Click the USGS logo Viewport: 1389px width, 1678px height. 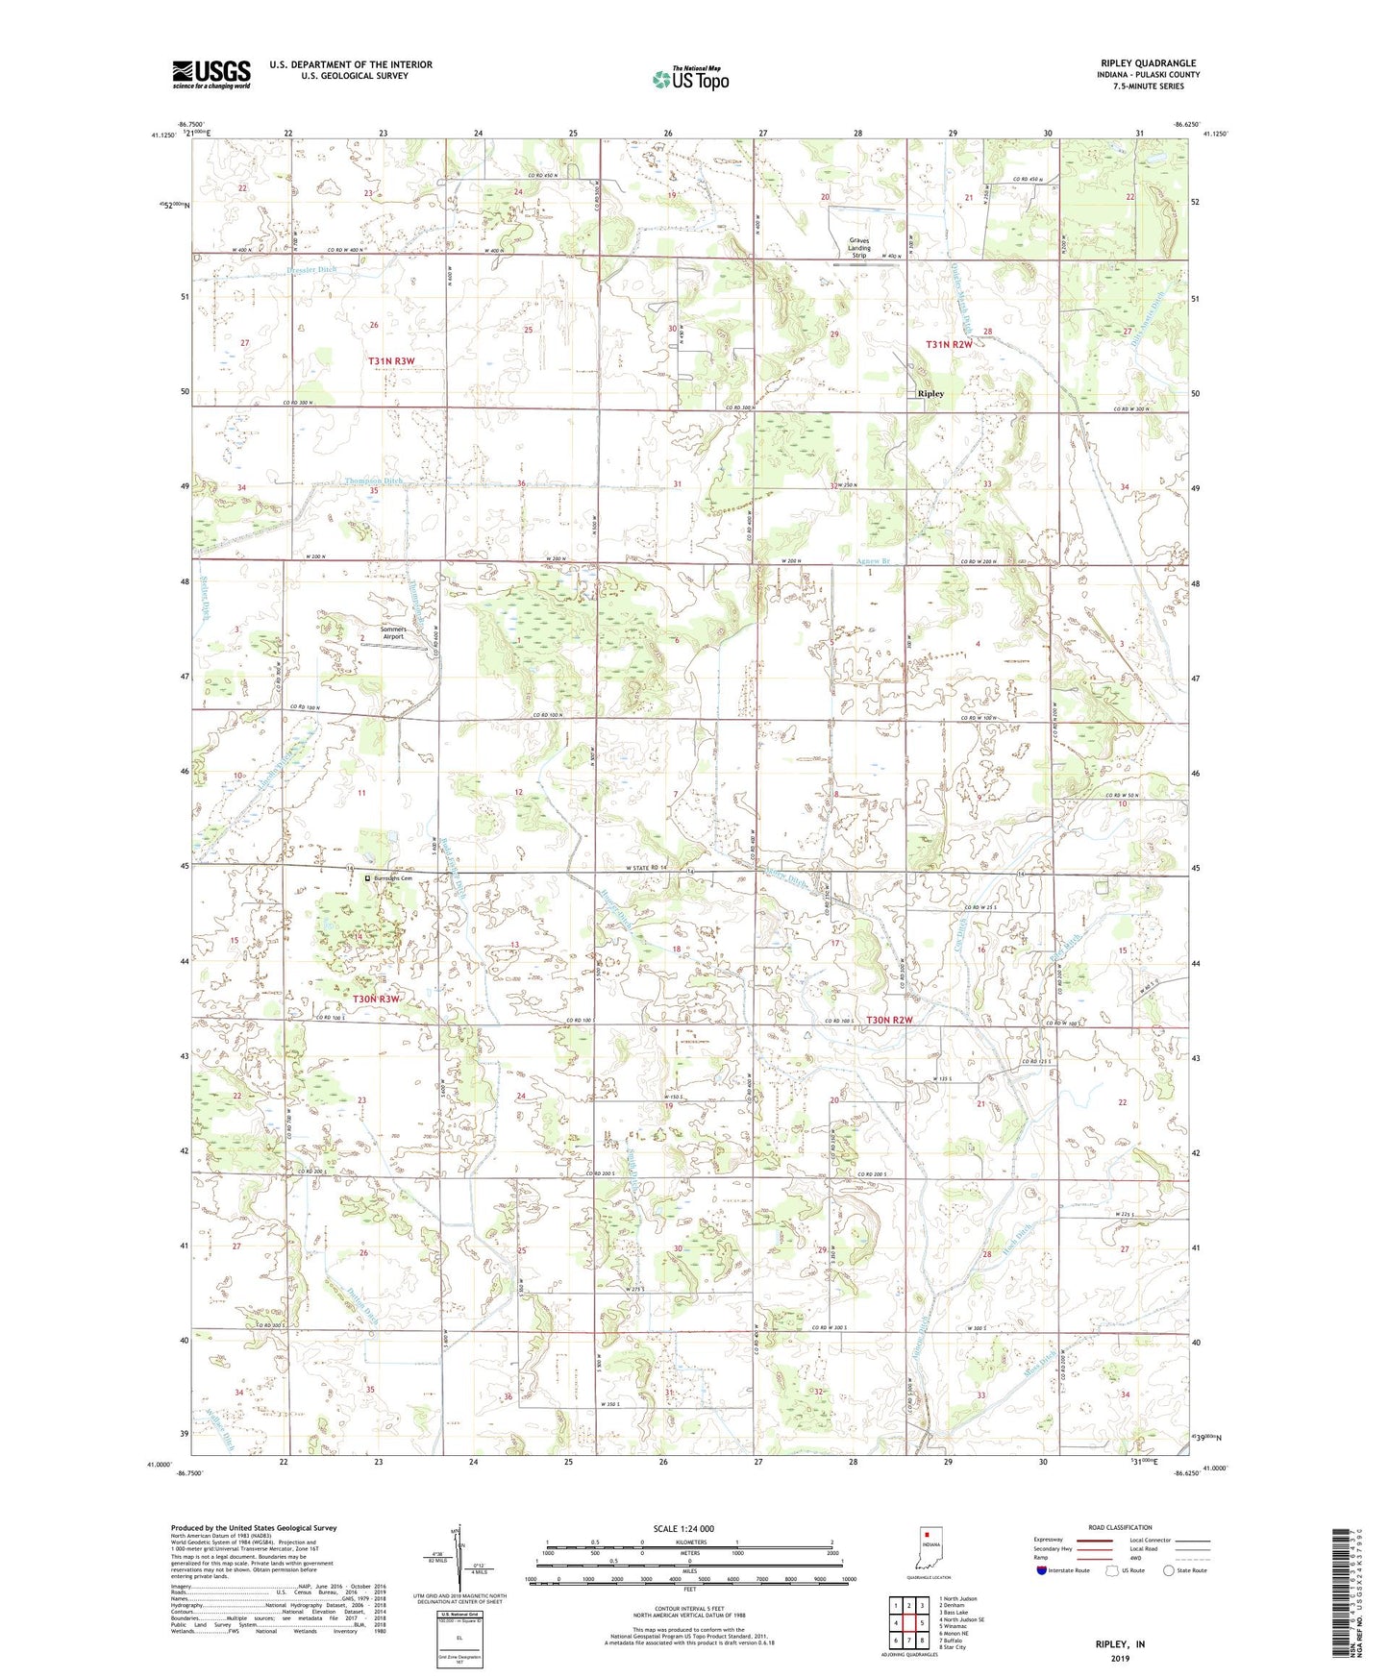click(211, 74)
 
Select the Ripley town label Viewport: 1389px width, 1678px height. click(930, 394)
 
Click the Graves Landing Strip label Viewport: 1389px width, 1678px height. click(858, 248)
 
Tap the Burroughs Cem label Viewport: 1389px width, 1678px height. click(392, 878)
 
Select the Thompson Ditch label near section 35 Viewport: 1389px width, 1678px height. click(374, 481)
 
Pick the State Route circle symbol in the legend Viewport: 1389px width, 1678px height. click(1168, 1570)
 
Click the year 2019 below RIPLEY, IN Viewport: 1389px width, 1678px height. click(1120, 1658)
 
